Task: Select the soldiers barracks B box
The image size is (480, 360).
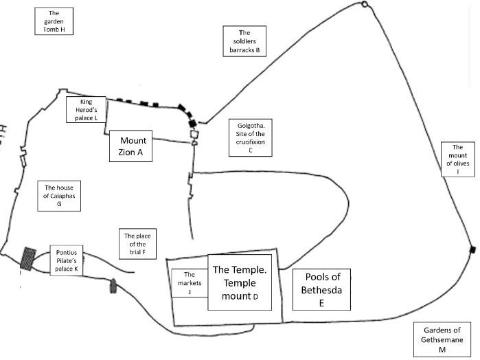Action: click(244, 41)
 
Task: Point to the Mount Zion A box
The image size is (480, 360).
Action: click(130, 146)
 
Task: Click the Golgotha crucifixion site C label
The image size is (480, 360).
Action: click(251, 137)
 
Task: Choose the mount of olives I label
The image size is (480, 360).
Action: click(457, 159)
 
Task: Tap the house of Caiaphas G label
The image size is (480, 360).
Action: click(59, 195)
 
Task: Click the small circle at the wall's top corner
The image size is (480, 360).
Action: click(364, 5)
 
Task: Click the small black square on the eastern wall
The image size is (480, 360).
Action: click(472, 248)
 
